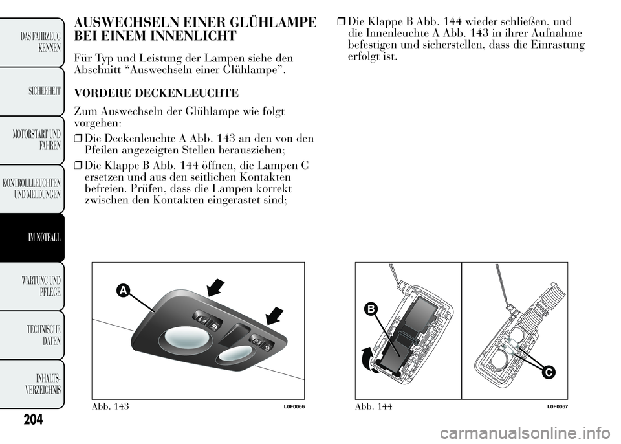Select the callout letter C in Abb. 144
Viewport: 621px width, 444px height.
[547, 372]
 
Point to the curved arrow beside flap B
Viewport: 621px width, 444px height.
[366, 358]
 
